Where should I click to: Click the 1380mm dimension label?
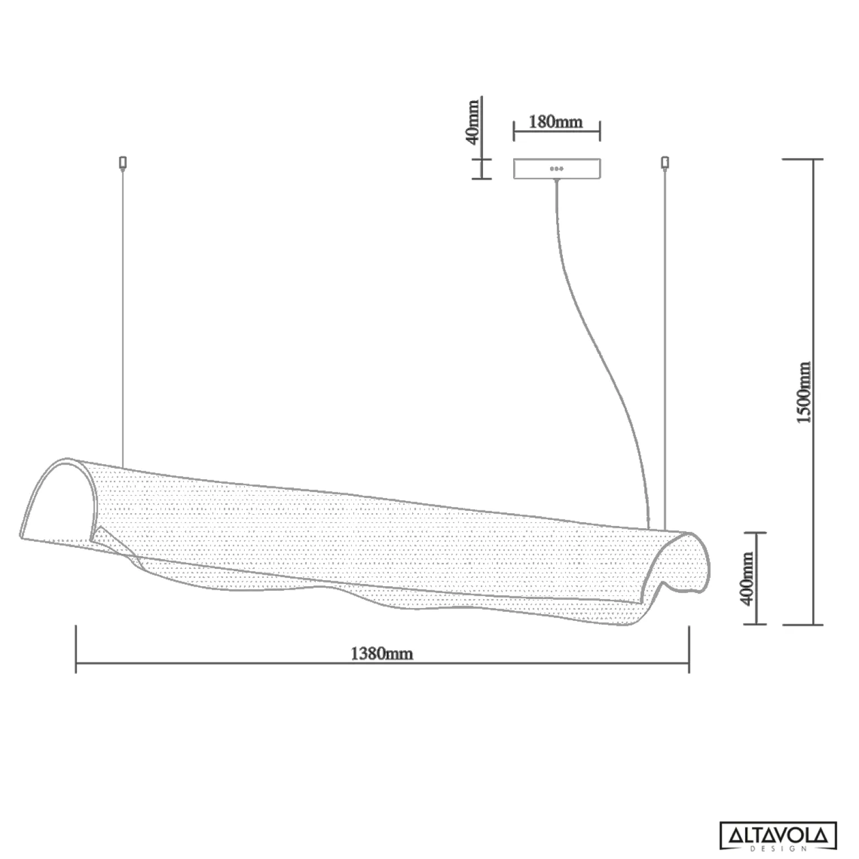382,653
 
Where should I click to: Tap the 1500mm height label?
803,392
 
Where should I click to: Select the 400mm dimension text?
747,578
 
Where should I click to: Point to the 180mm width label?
556,122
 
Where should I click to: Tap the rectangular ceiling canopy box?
557,169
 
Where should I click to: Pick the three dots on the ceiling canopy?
557,168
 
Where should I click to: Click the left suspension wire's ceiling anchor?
123,162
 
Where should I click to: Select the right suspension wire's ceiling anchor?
664,162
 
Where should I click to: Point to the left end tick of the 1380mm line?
76,649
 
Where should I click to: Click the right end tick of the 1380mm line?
689,649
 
